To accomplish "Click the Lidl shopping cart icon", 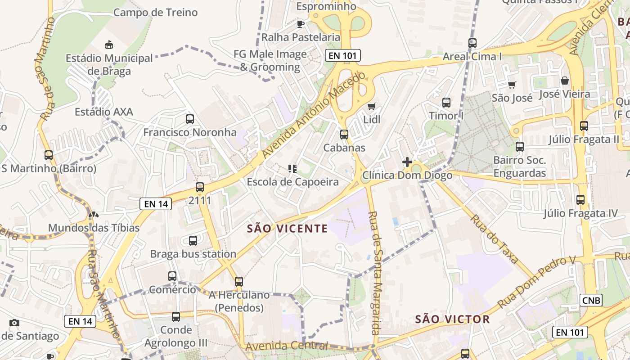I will click(x=371, y=107).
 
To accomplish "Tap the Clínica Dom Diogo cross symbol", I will click(x=407, y=162).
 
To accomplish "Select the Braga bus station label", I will click(x=193, y=254).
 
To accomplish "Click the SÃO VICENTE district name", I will click(x=288, y=229).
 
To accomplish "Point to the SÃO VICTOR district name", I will click(x=452, y=319).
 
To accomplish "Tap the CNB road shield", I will click(x=591, y=300).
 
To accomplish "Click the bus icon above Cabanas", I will click(x=344, y=134).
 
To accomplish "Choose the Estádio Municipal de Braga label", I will click(x=109, y=64).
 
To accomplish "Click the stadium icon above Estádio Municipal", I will click(x=108, y=45).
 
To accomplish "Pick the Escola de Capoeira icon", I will click(x=292, y=169).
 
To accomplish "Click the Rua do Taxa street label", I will click(x=495, y=239).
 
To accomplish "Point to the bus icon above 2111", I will click(x=200, y=187).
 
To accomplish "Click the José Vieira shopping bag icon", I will click(x=565, y=81).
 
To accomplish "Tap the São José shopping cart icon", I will click(x=512, y=85).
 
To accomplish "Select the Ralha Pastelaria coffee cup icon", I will click(x=301, y=24).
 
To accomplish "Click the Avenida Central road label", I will click(x=287, y=346).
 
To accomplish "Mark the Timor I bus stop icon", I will click(x=446, y=103).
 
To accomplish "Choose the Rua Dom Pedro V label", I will click(x=536, y=282).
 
